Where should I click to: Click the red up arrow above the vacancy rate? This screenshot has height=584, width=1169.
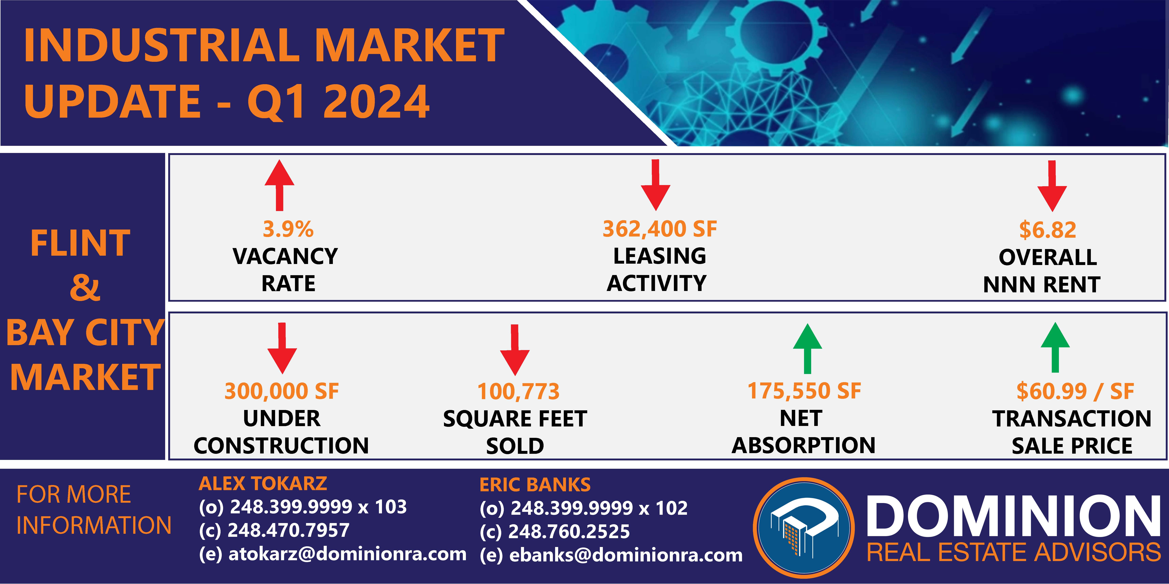280,185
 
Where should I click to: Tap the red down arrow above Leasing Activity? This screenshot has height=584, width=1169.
655,185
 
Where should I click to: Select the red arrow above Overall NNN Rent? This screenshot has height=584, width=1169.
1052,186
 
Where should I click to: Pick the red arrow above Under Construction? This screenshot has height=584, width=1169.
282,348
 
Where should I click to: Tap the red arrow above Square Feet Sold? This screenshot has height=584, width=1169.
515,350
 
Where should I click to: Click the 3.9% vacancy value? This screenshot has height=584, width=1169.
288,229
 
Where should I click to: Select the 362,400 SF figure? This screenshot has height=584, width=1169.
660,229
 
